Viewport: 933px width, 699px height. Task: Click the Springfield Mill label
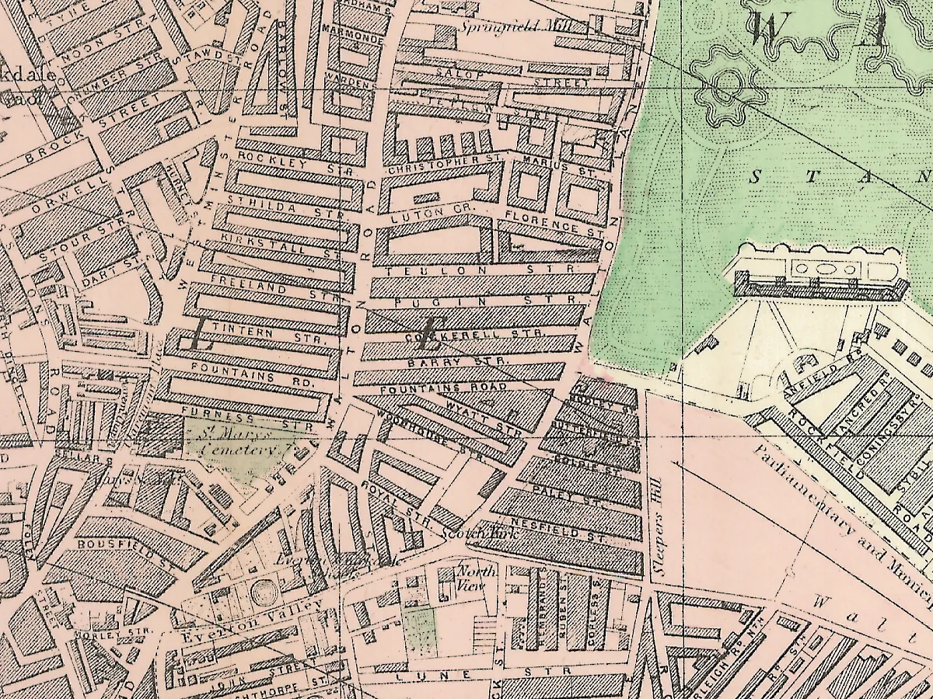point(515,26)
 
